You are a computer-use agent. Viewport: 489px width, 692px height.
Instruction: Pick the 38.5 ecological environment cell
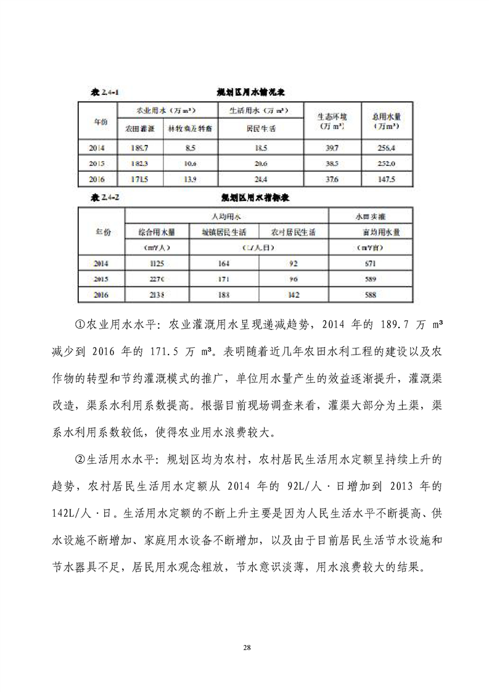332,163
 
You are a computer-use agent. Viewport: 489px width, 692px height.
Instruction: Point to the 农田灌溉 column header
139,130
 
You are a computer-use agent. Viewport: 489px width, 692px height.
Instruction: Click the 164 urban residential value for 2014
224,263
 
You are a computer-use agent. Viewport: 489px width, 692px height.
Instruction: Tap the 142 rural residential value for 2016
294,295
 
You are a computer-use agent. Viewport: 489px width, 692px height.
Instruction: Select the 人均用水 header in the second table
227,216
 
